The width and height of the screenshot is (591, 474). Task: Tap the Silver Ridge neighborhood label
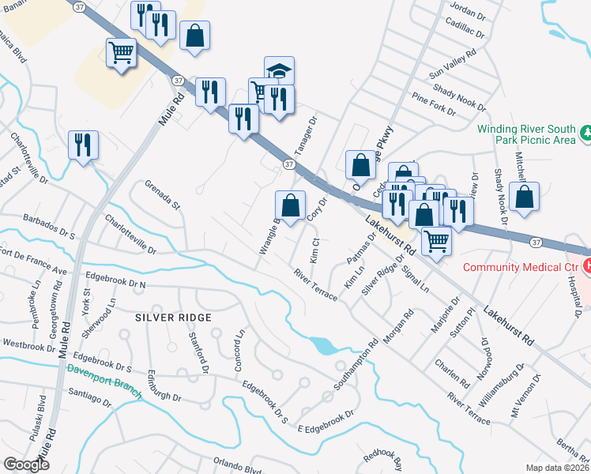pos(173,318)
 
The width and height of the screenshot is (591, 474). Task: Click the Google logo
pos(26,465)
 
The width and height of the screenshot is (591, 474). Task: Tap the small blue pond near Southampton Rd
pos(324,345)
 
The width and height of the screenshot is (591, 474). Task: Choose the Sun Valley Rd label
pos(453,63)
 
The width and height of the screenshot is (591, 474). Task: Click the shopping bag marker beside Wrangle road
pos(291,205)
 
